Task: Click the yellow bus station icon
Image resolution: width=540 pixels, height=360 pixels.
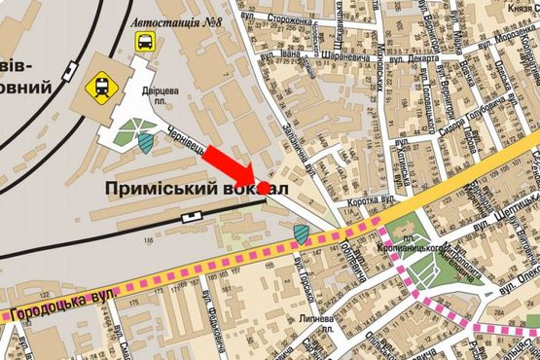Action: click(144, 42)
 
